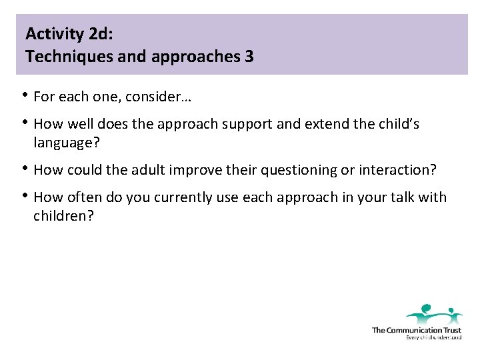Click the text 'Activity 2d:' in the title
click(65, 33)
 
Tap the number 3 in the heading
click(249, 57)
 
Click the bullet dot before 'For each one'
click(25, 95)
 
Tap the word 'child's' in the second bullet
click(397, 125)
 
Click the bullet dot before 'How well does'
click(25, 122)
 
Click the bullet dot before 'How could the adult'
click(25, 168)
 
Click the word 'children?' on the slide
click(63, 216)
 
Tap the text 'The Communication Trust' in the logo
click(416, 330)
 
